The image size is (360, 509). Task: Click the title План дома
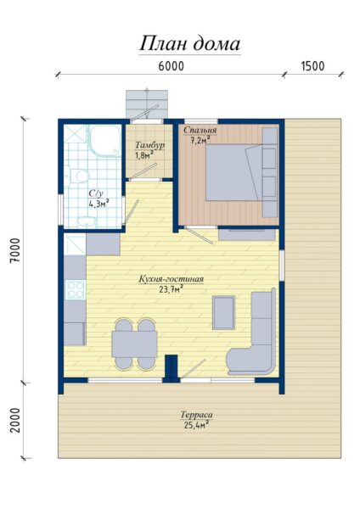[189, 43]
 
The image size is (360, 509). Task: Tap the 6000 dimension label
[172, 66]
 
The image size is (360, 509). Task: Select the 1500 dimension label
[313, 66]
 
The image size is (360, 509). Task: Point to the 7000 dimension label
[15, 250]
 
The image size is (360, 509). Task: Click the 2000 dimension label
[15, 420]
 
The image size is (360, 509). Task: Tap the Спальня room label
[200, 130]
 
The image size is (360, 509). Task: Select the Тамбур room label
[149, 145]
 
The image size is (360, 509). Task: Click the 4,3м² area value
[98, 204]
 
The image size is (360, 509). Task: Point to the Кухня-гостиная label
[172, 279]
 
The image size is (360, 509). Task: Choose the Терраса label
[197, 415]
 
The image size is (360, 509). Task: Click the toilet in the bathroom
[77, 176]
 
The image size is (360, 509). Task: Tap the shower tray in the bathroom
[104, 141]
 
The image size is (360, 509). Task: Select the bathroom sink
[87, 221]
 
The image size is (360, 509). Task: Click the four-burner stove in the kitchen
[76, 289]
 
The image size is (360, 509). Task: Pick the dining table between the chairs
[134, 344]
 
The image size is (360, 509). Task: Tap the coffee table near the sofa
[223, 313]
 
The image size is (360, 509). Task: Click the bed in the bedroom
[234, 172]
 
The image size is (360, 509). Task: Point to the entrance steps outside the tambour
[147, 103]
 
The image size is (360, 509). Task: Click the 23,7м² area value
[171, 289]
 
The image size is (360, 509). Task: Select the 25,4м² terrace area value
[197, 425]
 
